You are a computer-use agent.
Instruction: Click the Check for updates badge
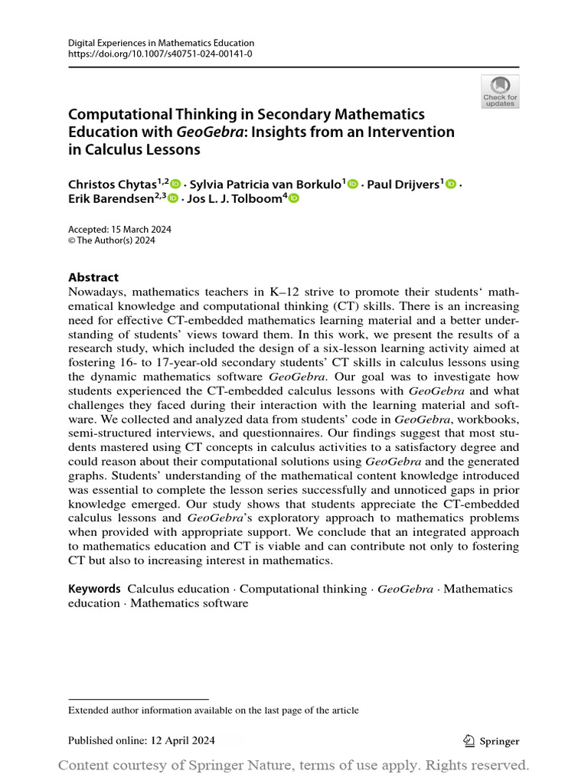(x=500, y=90)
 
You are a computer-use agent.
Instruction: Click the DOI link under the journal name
(x=161, y=55)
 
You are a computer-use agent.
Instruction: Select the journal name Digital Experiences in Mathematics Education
(x=161, y=44)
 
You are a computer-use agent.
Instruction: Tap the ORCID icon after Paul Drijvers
(x=450, y=184)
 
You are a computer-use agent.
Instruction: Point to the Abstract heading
(x=93, y=277)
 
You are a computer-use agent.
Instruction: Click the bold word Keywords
(x=94, y=589)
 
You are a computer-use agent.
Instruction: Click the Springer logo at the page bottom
(x=492, y=740)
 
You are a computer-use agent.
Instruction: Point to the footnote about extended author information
(x=214, y=710)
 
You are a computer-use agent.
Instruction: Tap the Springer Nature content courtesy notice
(x=294, y=765)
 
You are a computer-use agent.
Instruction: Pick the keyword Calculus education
(x=178, y=589)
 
